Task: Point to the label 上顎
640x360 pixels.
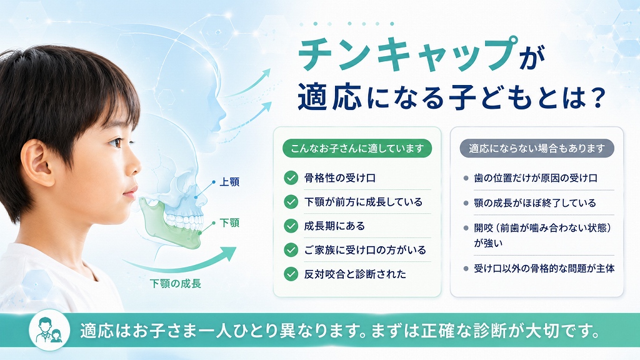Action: (x=229, y=182)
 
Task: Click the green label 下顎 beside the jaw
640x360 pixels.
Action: (x=229, y=223)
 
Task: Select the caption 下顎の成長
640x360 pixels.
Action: (x=176, y=284)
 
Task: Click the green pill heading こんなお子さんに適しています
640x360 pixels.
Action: (x=357, y=149)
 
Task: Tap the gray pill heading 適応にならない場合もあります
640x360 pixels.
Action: (x=537, y=149)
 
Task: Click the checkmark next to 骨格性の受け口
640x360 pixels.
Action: (x=291, y=178)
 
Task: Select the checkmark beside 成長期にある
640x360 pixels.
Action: (x=291, y=226)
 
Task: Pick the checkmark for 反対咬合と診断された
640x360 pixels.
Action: (x=291, y=274)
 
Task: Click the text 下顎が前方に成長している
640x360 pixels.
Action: (x=363, y=202)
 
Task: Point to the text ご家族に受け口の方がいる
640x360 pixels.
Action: (x=365, y=250)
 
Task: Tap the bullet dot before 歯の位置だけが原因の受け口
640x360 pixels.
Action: (x=466, y=178)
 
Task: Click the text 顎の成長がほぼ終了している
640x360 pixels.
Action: (x=535, y=203)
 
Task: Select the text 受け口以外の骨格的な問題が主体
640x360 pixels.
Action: (x=544, y=269)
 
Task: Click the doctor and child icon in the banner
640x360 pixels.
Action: (x=49, y=330)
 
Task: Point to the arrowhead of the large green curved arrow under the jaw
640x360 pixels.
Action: (x=229, y=253)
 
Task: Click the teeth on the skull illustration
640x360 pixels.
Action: (x=184, y=221)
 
